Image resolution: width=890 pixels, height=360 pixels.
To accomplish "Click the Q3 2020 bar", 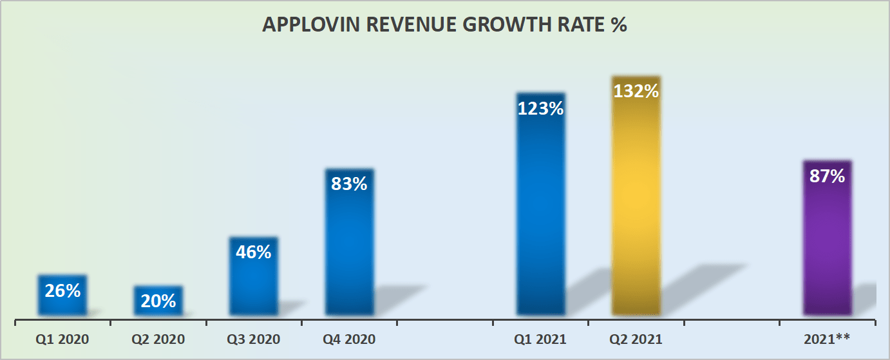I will coord(254,283).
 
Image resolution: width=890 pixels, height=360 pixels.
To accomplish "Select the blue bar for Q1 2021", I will coord(540,213).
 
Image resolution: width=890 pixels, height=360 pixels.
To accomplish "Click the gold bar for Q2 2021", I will coord(636,206).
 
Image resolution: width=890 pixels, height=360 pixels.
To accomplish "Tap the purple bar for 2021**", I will coord(827,251).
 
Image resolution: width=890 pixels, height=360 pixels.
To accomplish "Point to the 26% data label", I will coord(62,291).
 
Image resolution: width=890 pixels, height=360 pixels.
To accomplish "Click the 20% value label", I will coord(158,301).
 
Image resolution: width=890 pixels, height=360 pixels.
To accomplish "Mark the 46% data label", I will coord(254,252).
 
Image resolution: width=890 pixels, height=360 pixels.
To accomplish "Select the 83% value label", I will coord(349,184).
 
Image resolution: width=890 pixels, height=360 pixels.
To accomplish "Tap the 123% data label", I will coord(540,108).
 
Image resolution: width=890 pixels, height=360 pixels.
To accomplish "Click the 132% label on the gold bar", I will coord(636,91).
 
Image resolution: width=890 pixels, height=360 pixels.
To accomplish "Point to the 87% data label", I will coord(827,176).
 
